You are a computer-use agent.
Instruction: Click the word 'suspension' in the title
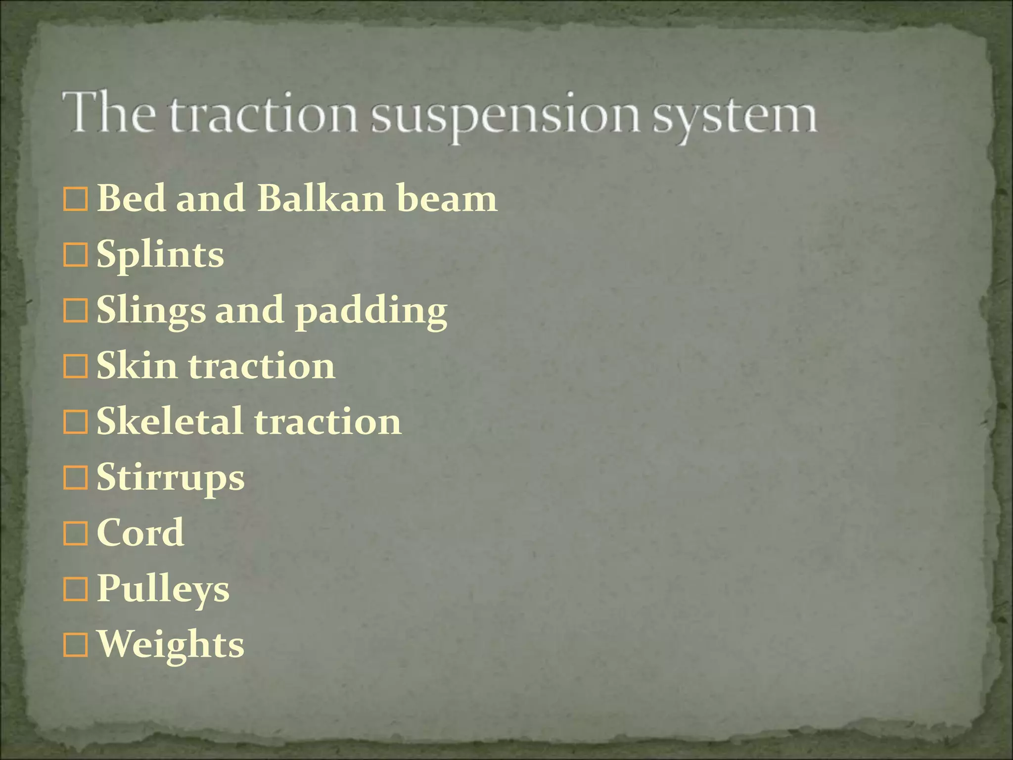point(505,116)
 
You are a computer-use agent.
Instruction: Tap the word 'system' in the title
point(735,116)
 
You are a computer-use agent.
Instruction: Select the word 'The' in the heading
point(108,113)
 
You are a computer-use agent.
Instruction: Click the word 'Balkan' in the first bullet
point(321,198)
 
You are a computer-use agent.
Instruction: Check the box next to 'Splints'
point(76,255)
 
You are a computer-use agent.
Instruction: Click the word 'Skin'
point(137,366)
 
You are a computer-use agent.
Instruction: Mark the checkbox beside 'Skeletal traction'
point(76,423)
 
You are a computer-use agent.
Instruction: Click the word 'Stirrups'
point(170,478)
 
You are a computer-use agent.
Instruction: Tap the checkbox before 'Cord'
point(76,534)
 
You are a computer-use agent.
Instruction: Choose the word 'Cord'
point(140,533)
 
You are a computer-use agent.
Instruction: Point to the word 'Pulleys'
point(163,589)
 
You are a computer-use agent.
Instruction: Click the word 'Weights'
point(170,645)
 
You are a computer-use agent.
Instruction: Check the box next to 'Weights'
point(76,645)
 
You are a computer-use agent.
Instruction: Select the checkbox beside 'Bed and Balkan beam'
point(76,199)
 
